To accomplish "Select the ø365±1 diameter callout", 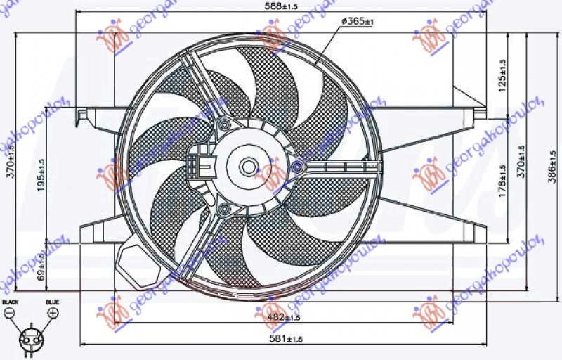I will [357, 22].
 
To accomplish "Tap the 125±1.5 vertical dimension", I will [502, 72].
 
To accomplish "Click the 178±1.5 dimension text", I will [502, 181].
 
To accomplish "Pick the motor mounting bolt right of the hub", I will [297, 167].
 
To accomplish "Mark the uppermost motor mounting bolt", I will [224, 125].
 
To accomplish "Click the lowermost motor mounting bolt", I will [223, 209].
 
